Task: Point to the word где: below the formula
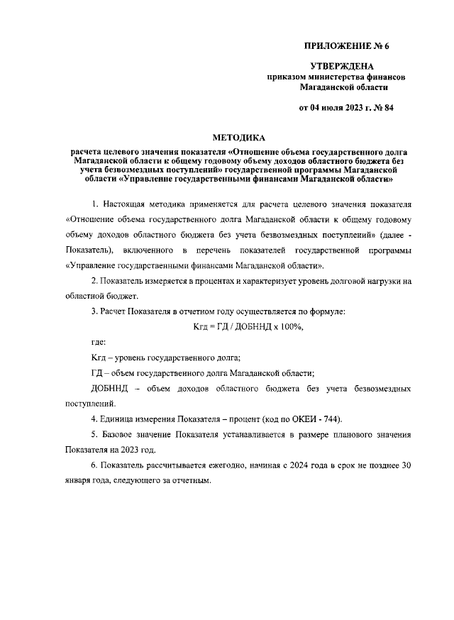(99, 343)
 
